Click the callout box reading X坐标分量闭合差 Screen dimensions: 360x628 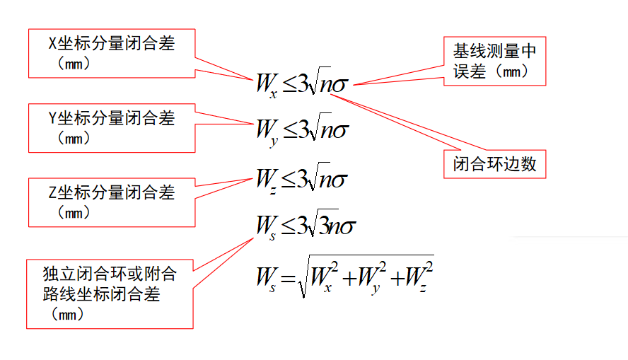click(x=112, y=53)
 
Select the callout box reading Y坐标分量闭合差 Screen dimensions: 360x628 click(x=112, y=128)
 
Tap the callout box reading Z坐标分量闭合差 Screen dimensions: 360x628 click(x=112, y=202)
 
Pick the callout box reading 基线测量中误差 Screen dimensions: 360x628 click(x=494, y=61)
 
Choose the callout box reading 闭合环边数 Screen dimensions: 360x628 click(x=494, y=164)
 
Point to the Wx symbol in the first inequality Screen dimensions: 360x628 click(x=267, y=86)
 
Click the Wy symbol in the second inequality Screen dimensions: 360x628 click(x=267, y=132)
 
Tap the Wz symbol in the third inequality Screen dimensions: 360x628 click(x=267, y=179)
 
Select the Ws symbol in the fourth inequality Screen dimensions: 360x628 click(x=267, y=227)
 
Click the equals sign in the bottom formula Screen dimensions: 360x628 click(x=286, y=279)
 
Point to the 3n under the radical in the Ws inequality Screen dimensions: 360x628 click(x=329, y=226)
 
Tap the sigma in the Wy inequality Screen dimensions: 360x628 click(x=342, y=132)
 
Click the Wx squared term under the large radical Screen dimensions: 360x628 click(x=325, y=277)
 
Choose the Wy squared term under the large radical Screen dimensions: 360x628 click(x=371, y=277)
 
